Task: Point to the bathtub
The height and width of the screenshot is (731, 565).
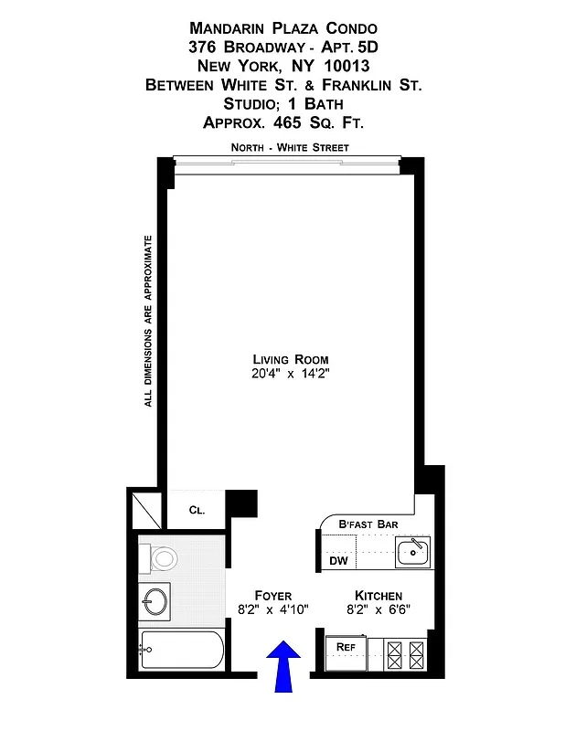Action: tap(181, 652)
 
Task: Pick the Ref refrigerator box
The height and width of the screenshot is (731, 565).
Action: tap(346, 647)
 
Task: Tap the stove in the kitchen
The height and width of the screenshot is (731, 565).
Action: tap(406, 652)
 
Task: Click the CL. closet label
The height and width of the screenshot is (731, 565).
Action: tap(197, 511)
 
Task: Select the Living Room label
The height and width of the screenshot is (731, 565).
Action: tap(290, 359)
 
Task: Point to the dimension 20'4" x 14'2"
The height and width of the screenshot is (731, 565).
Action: tap(290, 375)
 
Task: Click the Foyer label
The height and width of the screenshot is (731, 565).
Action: tap(272, 595)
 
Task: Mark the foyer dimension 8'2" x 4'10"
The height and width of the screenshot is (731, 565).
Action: tap(272, 609)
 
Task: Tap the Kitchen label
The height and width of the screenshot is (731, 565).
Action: tap(378, 595)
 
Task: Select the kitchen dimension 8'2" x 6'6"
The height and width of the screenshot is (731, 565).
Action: tap(378, 609)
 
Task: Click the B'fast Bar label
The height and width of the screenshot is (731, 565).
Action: tap(368, 524)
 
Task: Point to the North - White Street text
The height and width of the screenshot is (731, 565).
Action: tap(289, 147)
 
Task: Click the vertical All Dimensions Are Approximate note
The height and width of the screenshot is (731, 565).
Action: tap(148, 321)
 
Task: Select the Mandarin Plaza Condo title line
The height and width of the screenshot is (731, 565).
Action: tap(282, 28)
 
